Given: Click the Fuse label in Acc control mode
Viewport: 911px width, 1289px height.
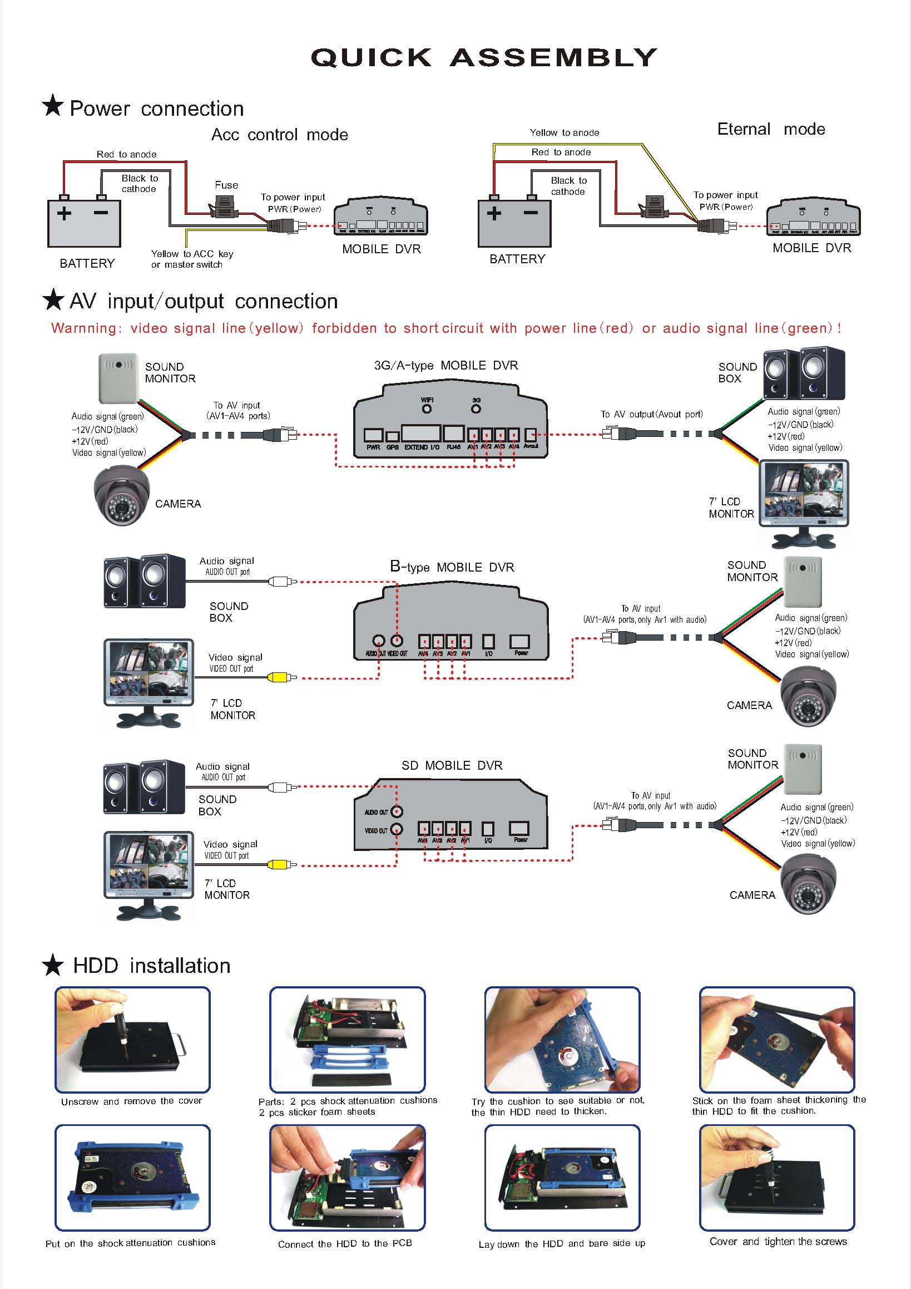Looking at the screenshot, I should click(226, 185).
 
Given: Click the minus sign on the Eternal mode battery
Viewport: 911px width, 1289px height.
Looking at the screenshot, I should click(531, 213).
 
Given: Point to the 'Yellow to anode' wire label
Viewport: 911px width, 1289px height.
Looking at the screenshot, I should click(565, 132).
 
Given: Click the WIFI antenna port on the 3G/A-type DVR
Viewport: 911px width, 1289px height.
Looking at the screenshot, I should click(427, 408).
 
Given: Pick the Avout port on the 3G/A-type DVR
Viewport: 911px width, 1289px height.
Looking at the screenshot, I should click(531, 435).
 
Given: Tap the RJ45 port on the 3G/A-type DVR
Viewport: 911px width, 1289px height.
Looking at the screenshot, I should click(453, 434).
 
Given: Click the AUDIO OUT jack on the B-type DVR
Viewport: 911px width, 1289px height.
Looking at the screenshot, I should click(379, 641).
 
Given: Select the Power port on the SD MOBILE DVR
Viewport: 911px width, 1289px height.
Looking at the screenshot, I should click(520, 828).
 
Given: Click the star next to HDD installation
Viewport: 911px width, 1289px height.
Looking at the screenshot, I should click(53, 965).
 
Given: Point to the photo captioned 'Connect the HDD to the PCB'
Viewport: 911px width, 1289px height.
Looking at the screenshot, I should click(347, 1177).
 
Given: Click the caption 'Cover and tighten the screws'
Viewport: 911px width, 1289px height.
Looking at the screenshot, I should click(778, 1241).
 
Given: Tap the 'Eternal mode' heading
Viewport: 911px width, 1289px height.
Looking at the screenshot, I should click(771, 129).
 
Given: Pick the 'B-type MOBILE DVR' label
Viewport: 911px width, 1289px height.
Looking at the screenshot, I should click(452, 567).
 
